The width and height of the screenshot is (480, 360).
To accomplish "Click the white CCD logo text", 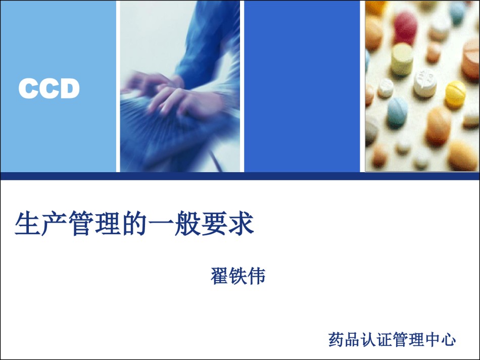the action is pyautogui.click(x=49, y=88).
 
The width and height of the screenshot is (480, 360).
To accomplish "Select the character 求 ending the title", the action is pyautogui.click(x=241, y=223).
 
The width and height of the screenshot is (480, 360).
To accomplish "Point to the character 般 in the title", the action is pyautogui.click(x=187, y=223).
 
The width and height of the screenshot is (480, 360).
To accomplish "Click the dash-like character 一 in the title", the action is pyautogui.click(x=161, y=224).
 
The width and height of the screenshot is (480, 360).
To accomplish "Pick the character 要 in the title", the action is pyautogui.click(x=214, y=223).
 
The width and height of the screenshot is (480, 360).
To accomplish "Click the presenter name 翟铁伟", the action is pyautogui.click(x=238, y=276).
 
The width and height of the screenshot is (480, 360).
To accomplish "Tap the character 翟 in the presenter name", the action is pyautogui.click(x=219, y=276).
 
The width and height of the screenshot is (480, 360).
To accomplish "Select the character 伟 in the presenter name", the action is pyautogui.click(x=257, y=276).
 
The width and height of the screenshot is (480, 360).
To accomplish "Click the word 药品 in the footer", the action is pyautogui.click(x=344, y=339).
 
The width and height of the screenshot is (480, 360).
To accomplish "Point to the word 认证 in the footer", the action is pyautogui.click(x=376, y=339).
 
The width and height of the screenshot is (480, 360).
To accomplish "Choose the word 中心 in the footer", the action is pyautogui.click(x=440, y=339).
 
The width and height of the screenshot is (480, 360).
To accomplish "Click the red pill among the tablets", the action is pyautogui.click(x=405, y=24).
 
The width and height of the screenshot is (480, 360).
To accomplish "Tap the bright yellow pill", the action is pyautogui.click(x=455, y=93).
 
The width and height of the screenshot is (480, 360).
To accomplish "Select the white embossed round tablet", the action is pyautogui.click(x=425, y=83).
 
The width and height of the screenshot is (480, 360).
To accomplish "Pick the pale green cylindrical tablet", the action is pyautogui.click(x=402, y=60).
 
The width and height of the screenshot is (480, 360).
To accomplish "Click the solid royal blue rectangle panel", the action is pyautogui.click(x=302, y=86).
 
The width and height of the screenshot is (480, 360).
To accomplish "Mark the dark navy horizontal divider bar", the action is pyautogui.click(x=240, y=176).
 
